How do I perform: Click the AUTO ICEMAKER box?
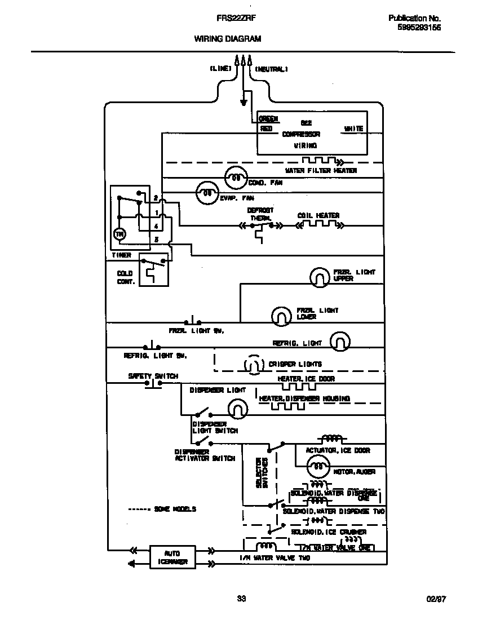click(x=172, y=557)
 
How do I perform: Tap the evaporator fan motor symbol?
click(x=207, y=193)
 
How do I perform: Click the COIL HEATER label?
click(x=318, y=215)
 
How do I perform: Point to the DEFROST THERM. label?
click(x=260, y=214)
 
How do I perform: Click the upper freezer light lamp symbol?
click(x=319, y=277)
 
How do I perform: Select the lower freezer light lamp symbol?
click(x=280, y=316)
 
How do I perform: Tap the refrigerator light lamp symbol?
click(x=339, y=341)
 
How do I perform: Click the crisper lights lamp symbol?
click(x=254, y=365)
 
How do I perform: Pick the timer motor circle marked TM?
click(x=119, y=233)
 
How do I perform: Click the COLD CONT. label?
click(x=125, y=277)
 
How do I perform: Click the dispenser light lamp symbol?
click(x=238, y=407)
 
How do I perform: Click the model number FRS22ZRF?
click(x=233, y=18)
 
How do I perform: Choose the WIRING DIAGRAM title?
click(x=228, y=39)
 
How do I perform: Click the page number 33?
click(x=241, y=599)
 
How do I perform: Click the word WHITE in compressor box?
click(x=353, y=129)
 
